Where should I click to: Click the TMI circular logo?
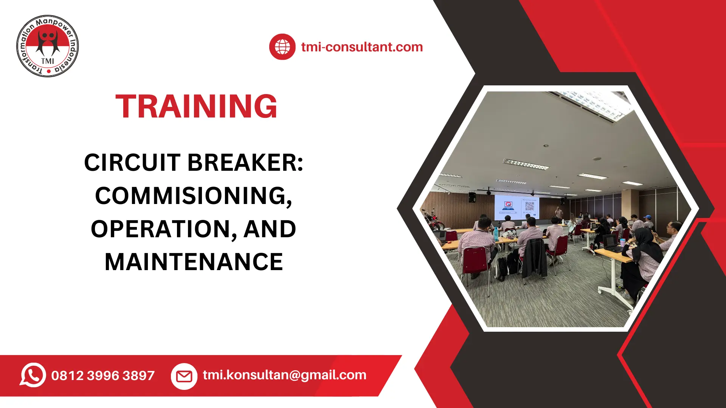pyautogui.click(x=48, y=46)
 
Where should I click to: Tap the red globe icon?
pyautogui.click(x=282, y=47)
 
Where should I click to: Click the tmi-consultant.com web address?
pyautogui.click(x=362, y=47)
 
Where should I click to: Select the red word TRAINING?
pyautogui.click(x=196, y=106)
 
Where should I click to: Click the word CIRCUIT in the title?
pyautogui.click(x=132, y=162)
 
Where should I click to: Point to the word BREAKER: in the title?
pyautogui.click(x=245, y=162)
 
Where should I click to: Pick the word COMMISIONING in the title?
pyautogui.click(x=193, y=196)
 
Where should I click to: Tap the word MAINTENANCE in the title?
pyautogui.click(x=194, y=262)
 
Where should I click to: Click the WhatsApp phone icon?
pyautogui.click(x=33, y=375)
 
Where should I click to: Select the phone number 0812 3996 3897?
pyautogui.click(x=103, y=376)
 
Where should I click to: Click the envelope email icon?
pyautogui.click(x=184, y=376)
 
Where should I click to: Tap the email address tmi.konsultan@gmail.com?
pyautogui.click(x=284, y=375)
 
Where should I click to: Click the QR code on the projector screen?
pyautogui.click(x=530, y=206)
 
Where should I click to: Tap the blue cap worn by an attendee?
pyautogui.click(x=648, y=217)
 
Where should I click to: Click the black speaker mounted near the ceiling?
pyautogui.click(x=472, y=197)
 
